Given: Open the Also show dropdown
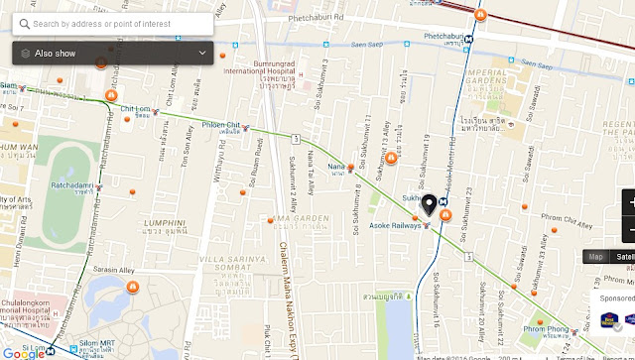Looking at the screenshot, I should point(112,53).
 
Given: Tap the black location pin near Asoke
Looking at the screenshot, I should point(429,204).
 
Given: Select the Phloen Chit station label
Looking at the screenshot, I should point(221,125).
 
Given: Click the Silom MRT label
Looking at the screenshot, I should point(97,350).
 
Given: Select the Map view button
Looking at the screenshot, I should point(595,257).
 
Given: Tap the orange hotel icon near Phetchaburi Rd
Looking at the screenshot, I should point(481,16).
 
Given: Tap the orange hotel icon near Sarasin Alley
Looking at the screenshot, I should point(132,288).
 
